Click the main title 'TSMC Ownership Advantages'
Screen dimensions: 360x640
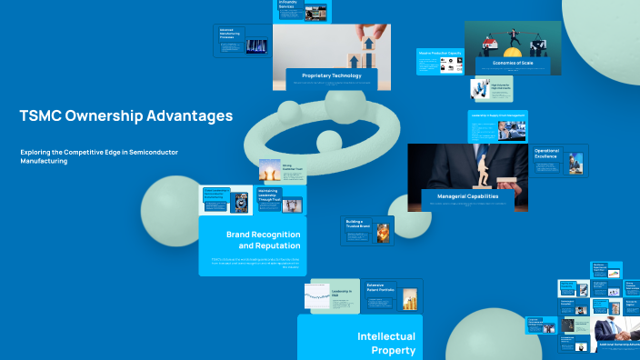pyautogui.click(x=125, y=116)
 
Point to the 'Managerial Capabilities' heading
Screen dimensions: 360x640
pyautogui.click(x=469, y=196)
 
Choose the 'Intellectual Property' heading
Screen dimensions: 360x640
pyautogui.click(x=386, y=343)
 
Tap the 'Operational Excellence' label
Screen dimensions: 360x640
pyautogui.click(x=546, y=154)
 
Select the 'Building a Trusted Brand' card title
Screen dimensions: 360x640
pyautogui.click(x=355, y=223)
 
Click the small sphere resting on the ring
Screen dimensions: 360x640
pyautogui.click(x=325, y=140)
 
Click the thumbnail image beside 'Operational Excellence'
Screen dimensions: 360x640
pyautogui.click(x=575, y=163)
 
